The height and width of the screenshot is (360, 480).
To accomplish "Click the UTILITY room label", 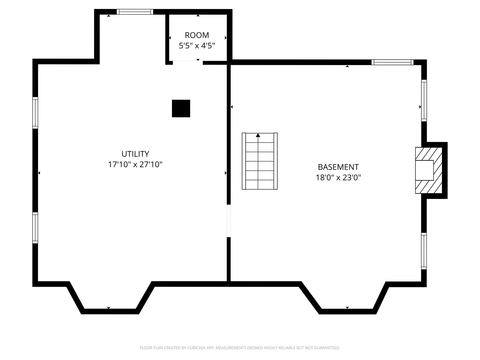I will coord(135,154).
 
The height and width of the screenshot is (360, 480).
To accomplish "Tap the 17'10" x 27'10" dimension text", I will coord(135,164).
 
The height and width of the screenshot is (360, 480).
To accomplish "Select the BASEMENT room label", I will coord(338,167).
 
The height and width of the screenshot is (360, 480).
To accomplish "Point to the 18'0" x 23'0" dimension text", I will coord(338,177).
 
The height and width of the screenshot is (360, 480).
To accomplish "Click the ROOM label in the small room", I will coord(197,35).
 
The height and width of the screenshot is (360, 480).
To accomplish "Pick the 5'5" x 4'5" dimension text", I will coord(197,46).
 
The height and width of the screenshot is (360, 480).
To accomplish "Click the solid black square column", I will coord(181,108).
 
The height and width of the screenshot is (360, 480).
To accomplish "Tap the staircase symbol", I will coord(260,161).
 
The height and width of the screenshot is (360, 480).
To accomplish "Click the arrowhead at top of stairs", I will coord(258,135).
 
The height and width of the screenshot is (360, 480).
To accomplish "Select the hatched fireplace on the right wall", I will coord(428,170).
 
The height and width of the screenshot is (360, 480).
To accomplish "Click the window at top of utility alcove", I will coord(135,12).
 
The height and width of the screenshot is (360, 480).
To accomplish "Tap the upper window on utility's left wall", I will coord(35,113).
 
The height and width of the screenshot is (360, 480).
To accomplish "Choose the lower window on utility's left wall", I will coord(35,228).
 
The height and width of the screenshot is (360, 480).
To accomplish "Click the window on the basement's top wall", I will coord(392,62).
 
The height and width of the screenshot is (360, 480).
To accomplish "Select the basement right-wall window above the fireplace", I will coord(424,100).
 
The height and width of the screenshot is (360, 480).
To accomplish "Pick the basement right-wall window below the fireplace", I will coord(424,251).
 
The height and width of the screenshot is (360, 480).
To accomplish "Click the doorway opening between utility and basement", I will coord(229,221).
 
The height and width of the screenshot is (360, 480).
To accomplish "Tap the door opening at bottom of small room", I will coord(188,62).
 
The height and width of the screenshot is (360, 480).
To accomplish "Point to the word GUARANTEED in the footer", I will coord(327,348).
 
